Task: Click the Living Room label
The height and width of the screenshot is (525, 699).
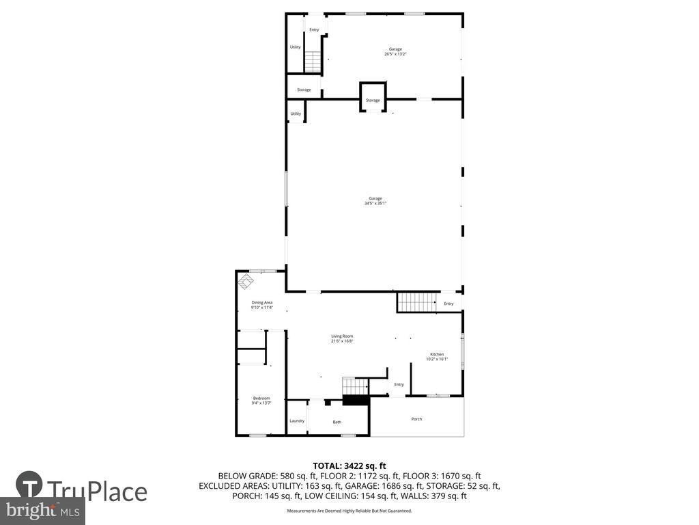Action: click(342, 338)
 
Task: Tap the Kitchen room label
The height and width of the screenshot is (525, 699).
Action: click(437, 356)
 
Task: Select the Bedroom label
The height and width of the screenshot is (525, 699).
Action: click(261, 401)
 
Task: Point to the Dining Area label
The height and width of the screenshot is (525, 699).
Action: click(262, 305)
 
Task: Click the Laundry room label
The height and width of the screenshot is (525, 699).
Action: click(297, 420)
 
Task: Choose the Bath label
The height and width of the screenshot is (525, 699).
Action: click(337, 422)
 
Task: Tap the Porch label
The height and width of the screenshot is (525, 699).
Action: click(416, 418)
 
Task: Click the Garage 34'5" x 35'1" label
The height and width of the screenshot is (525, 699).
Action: click(375, 200)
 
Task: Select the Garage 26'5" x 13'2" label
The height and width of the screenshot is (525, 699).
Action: click(395, 51)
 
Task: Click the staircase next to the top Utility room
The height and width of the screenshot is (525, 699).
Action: click(312, 62)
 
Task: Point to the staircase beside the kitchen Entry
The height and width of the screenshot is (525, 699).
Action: click(416, 301)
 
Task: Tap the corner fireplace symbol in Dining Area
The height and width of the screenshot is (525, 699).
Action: click(244, 280)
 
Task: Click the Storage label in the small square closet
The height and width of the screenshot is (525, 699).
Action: click(373, 100)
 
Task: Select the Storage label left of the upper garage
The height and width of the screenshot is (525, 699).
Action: click(304, 90)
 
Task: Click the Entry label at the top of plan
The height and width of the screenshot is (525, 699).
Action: click(314, 29)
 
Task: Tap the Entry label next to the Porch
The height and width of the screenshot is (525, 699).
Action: click(399, 384)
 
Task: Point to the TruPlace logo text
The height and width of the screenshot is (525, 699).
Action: click(96, 492)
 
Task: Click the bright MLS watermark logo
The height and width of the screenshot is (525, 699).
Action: click(42, 510)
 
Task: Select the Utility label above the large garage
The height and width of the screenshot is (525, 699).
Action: click(296, 113)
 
